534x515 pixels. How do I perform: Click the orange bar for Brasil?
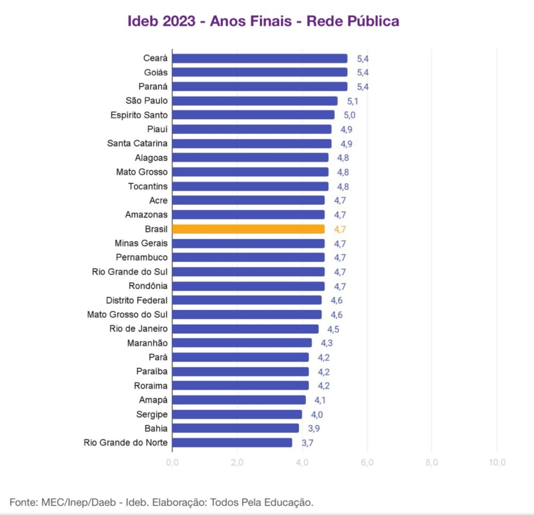click(248, 229)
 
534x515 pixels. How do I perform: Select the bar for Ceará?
click(260, 58)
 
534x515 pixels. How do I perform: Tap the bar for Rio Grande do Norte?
click(232, 443)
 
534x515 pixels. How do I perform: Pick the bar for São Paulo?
click(255, 101)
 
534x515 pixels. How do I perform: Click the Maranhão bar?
click(242, 343)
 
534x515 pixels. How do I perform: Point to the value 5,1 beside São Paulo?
click(353, 101)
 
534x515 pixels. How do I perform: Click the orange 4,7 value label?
click(340, 229)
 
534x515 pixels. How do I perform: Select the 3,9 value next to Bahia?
click(314, 428)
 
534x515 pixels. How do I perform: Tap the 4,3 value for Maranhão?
click(327, 343)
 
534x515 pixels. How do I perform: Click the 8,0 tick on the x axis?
click(432, 462)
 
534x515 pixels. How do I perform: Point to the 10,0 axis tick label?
click(496, 462)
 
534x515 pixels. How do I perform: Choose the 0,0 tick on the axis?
click(173, 462)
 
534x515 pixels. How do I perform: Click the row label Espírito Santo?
click(139, 115)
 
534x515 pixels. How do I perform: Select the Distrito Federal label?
click(137, 300)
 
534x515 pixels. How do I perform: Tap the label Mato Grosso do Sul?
click(127, 314)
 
